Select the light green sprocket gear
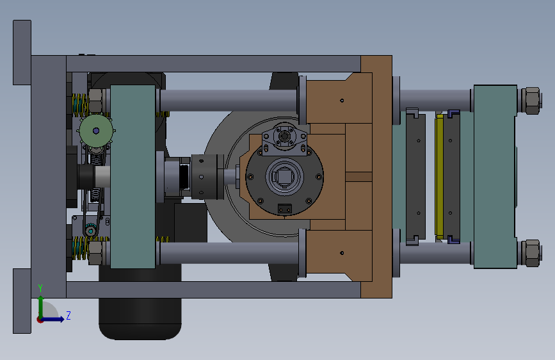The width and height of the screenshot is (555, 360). click(x=96, y=131)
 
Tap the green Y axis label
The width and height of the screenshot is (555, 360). click(x=40, y=288)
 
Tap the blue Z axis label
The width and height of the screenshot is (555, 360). click(x=68, y=315)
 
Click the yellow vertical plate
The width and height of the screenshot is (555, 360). click(x=439, y=176)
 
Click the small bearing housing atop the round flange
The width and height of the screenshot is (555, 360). click(x=285, y=139)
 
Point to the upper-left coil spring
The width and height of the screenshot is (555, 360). click(x=80, y=105)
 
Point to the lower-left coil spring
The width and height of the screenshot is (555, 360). click(x=80, y=248)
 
